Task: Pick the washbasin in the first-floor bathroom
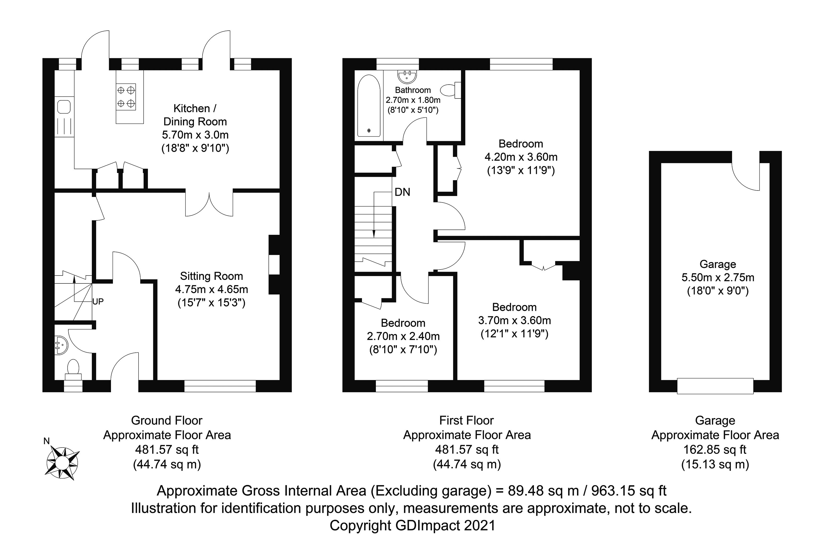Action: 407,76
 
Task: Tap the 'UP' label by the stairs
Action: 98,302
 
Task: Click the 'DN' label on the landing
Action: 402,192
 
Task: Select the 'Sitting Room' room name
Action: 211,276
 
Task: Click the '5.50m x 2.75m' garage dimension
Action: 718,277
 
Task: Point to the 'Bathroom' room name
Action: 413,90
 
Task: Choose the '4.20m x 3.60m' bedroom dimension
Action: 521,157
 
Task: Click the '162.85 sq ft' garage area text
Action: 715,450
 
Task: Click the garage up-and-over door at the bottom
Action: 715,386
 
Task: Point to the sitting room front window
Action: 220,386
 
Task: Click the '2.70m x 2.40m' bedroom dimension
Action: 403,336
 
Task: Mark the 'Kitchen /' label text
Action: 195,108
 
